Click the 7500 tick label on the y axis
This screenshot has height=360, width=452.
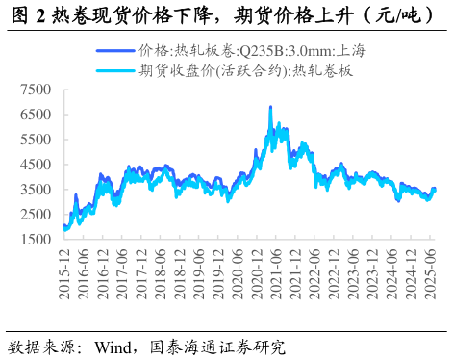point(37,89)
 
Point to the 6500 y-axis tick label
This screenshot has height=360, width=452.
point(37,114)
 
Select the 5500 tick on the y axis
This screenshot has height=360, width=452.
point(37,139)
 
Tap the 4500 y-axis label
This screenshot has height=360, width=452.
point(37,164)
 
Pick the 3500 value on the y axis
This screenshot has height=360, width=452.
point(37,189)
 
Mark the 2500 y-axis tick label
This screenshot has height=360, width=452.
point(37,214)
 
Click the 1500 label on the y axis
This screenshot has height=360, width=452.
point(37,239)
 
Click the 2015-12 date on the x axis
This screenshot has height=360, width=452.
point(64,273)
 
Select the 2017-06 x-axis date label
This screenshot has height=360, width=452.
point(123,273)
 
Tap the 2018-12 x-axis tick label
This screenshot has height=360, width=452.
point(182,273)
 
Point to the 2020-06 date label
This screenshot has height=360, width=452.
point(240,273)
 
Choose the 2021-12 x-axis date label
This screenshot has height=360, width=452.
point(299,273)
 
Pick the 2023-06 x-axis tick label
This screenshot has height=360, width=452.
point(358,273)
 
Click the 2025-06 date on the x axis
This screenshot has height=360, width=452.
point(436,273)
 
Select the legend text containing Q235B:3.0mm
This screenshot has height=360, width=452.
point(252,50)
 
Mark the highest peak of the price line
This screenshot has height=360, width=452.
point(270,107)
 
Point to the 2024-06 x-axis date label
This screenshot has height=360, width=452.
point(396,273)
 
